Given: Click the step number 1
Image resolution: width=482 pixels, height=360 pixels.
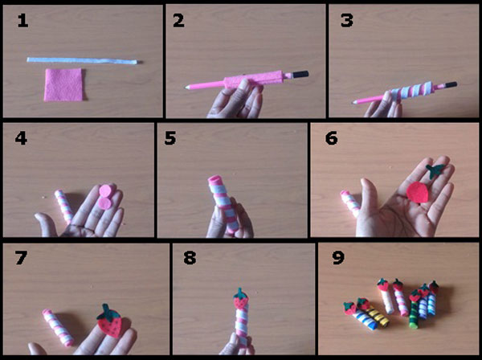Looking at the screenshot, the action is (x=22, y=21).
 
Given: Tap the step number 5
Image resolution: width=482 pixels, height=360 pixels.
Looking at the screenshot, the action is (x=170, y=137).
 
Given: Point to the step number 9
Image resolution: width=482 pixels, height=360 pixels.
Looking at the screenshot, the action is (x=338, y=257).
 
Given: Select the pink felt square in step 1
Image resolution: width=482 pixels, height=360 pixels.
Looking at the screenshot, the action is (x=63, y=85).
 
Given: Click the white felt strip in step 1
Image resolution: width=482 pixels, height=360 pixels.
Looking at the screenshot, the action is (x=83, y=60).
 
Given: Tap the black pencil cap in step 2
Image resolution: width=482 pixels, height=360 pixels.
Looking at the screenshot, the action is (x=300, y=74).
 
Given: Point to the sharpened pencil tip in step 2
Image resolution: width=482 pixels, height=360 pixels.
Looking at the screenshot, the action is (x=186, y=88).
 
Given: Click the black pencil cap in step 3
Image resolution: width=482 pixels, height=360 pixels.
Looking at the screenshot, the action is (x=451, y=84).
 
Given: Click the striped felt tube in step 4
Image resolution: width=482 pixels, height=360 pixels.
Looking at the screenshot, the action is (x=64, y=205).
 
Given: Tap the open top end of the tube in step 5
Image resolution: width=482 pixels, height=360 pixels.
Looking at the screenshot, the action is (x=215, y=179).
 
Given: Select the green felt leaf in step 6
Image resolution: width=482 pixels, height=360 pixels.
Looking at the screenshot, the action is (x=435, y=171).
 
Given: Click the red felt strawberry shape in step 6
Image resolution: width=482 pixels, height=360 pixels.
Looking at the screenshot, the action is (x=418, y=192).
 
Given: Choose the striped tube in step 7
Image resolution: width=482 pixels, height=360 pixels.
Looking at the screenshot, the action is (x=59, y=327).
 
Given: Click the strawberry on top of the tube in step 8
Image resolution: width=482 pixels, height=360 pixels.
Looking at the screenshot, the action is (x=241, y=299).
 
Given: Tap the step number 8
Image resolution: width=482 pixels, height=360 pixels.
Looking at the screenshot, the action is (x=190, y=257).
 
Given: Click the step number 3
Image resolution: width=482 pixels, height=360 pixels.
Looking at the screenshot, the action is (x=347, y=21).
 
